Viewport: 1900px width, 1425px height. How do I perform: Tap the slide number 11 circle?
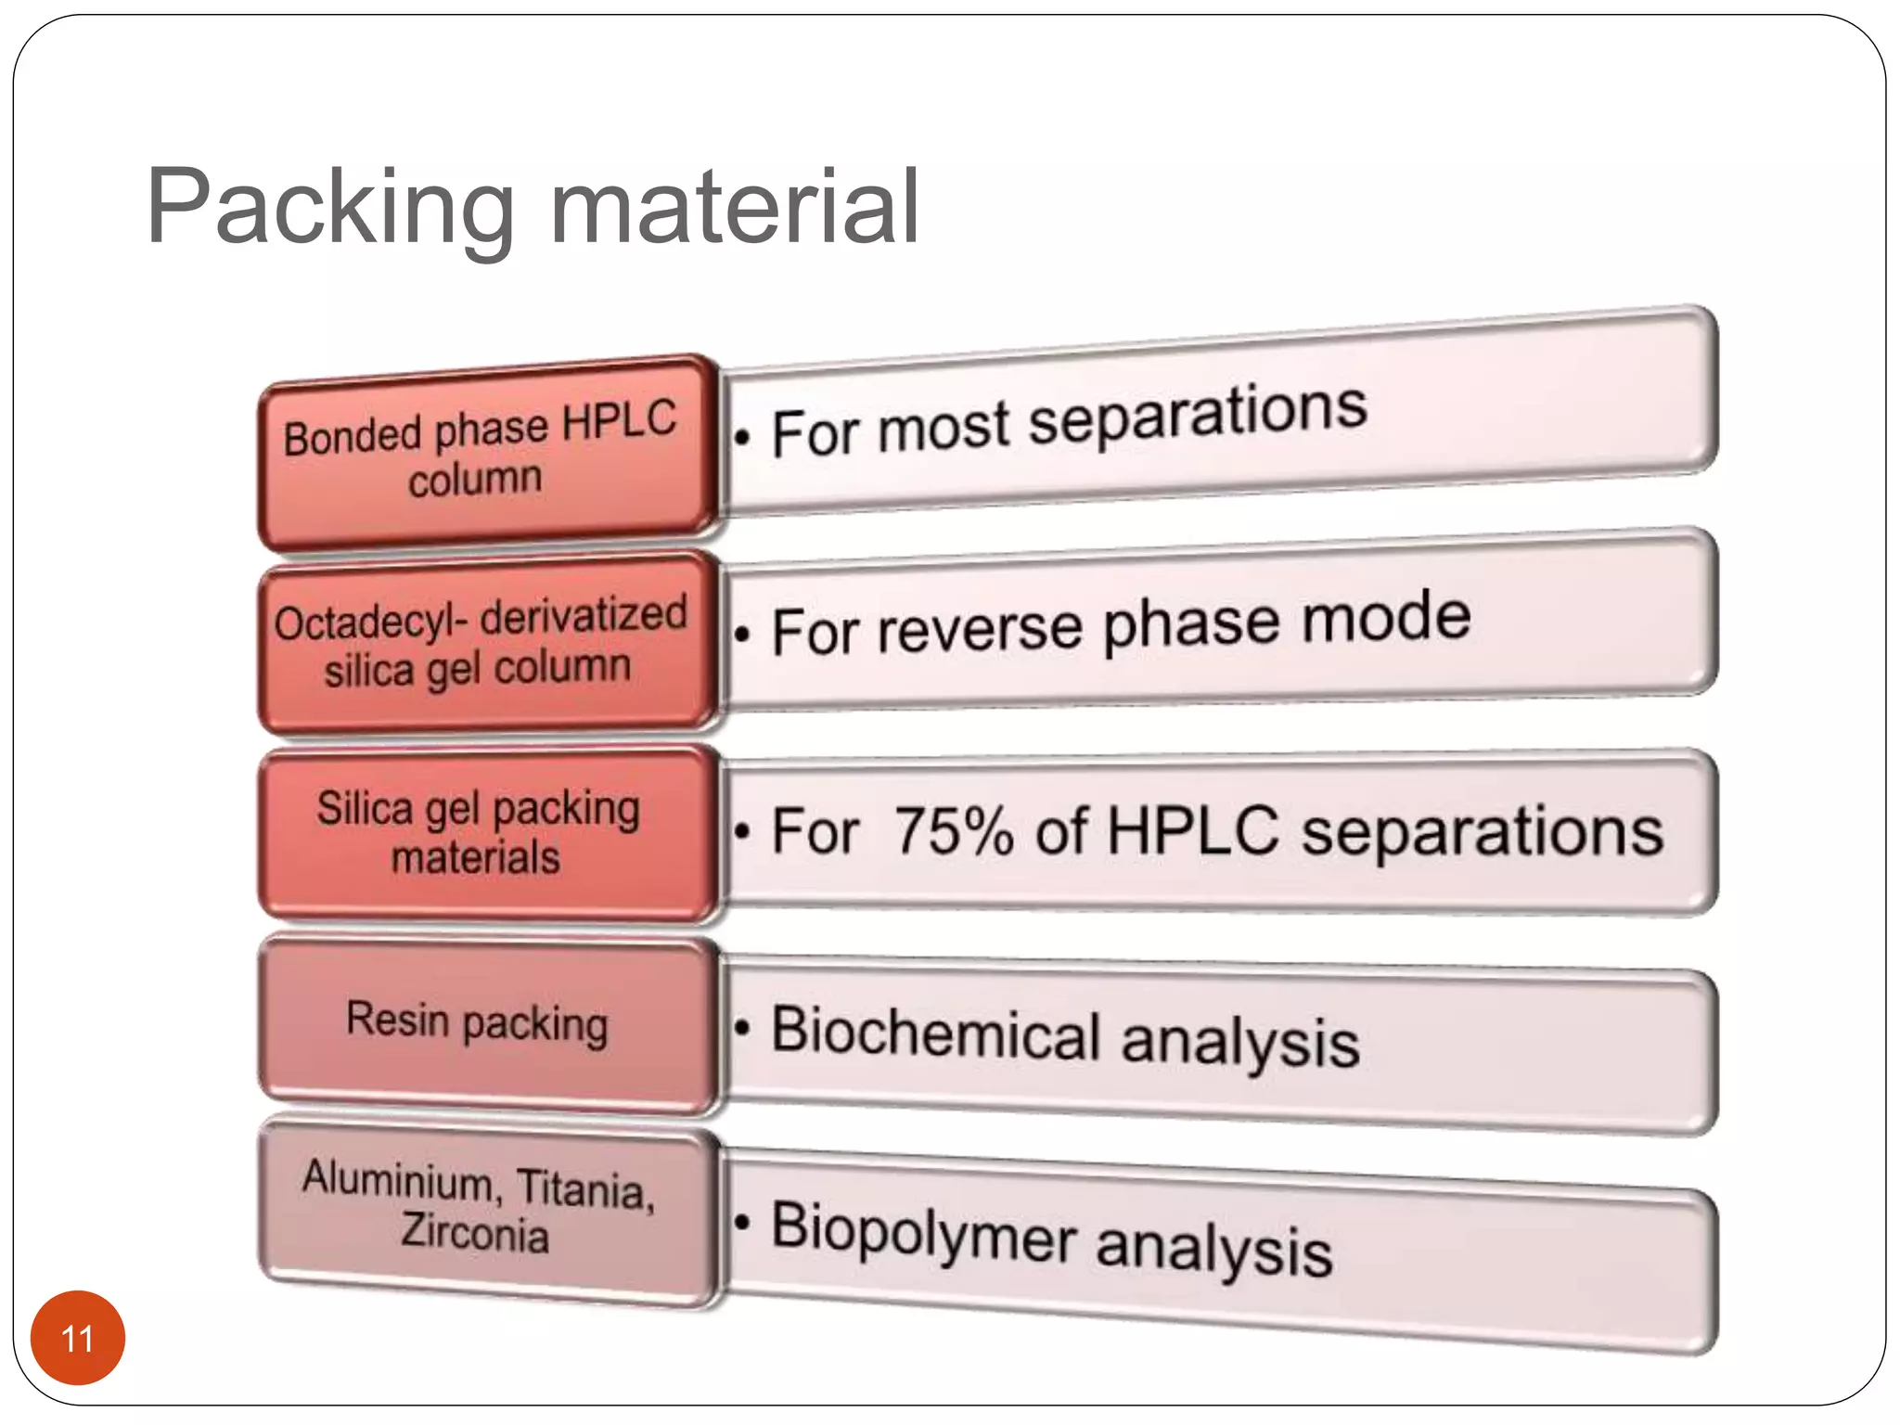(78, 1338)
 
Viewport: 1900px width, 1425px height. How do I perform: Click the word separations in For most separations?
(1197, 416)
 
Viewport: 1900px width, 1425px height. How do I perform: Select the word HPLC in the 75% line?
(1192, 829)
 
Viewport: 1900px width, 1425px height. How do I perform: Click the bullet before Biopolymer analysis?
(742, 1223)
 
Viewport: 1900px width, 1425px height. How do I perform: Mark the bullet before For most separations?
(742, 436)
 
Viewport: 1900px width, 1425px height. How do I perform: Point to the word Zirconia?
(475, 1233)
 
